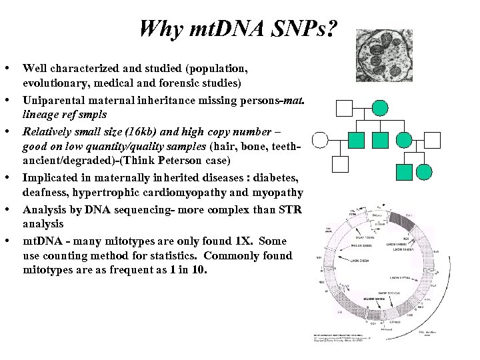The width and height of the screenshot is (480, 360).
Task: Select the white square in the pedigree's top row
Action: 343,107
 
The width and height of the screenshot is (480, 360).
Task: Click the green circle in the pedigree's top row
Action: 379,107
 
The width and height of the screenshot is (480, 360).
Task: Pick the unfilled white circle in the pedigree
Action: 321,139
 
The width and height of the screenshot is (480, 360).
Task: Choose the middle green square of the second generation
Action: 381,139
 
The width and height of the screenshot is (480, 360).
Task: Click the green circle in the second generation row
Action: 404,139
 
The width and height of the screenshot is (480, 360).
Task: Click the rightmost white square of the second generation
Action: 433,139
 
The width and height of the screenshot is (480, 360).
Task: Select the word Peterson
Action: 191,161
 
